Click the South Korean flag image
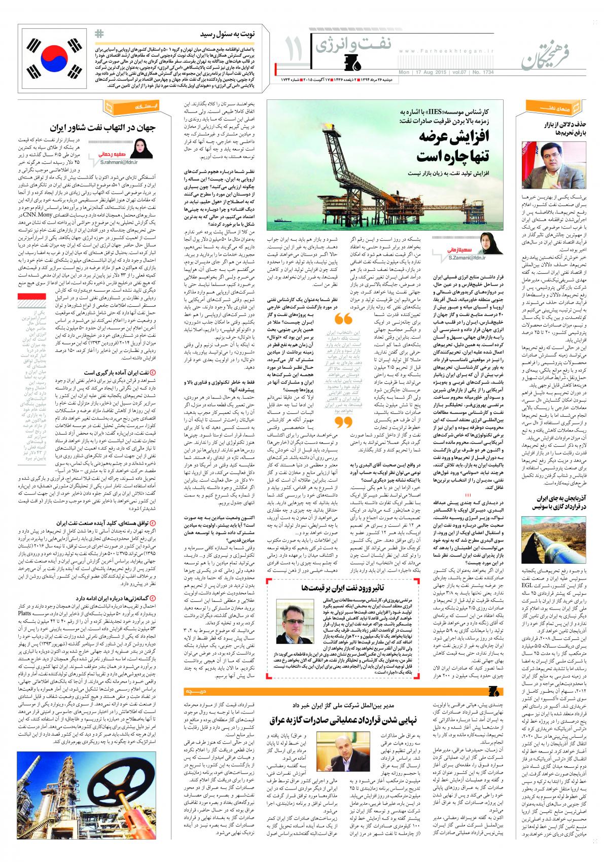55,56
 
